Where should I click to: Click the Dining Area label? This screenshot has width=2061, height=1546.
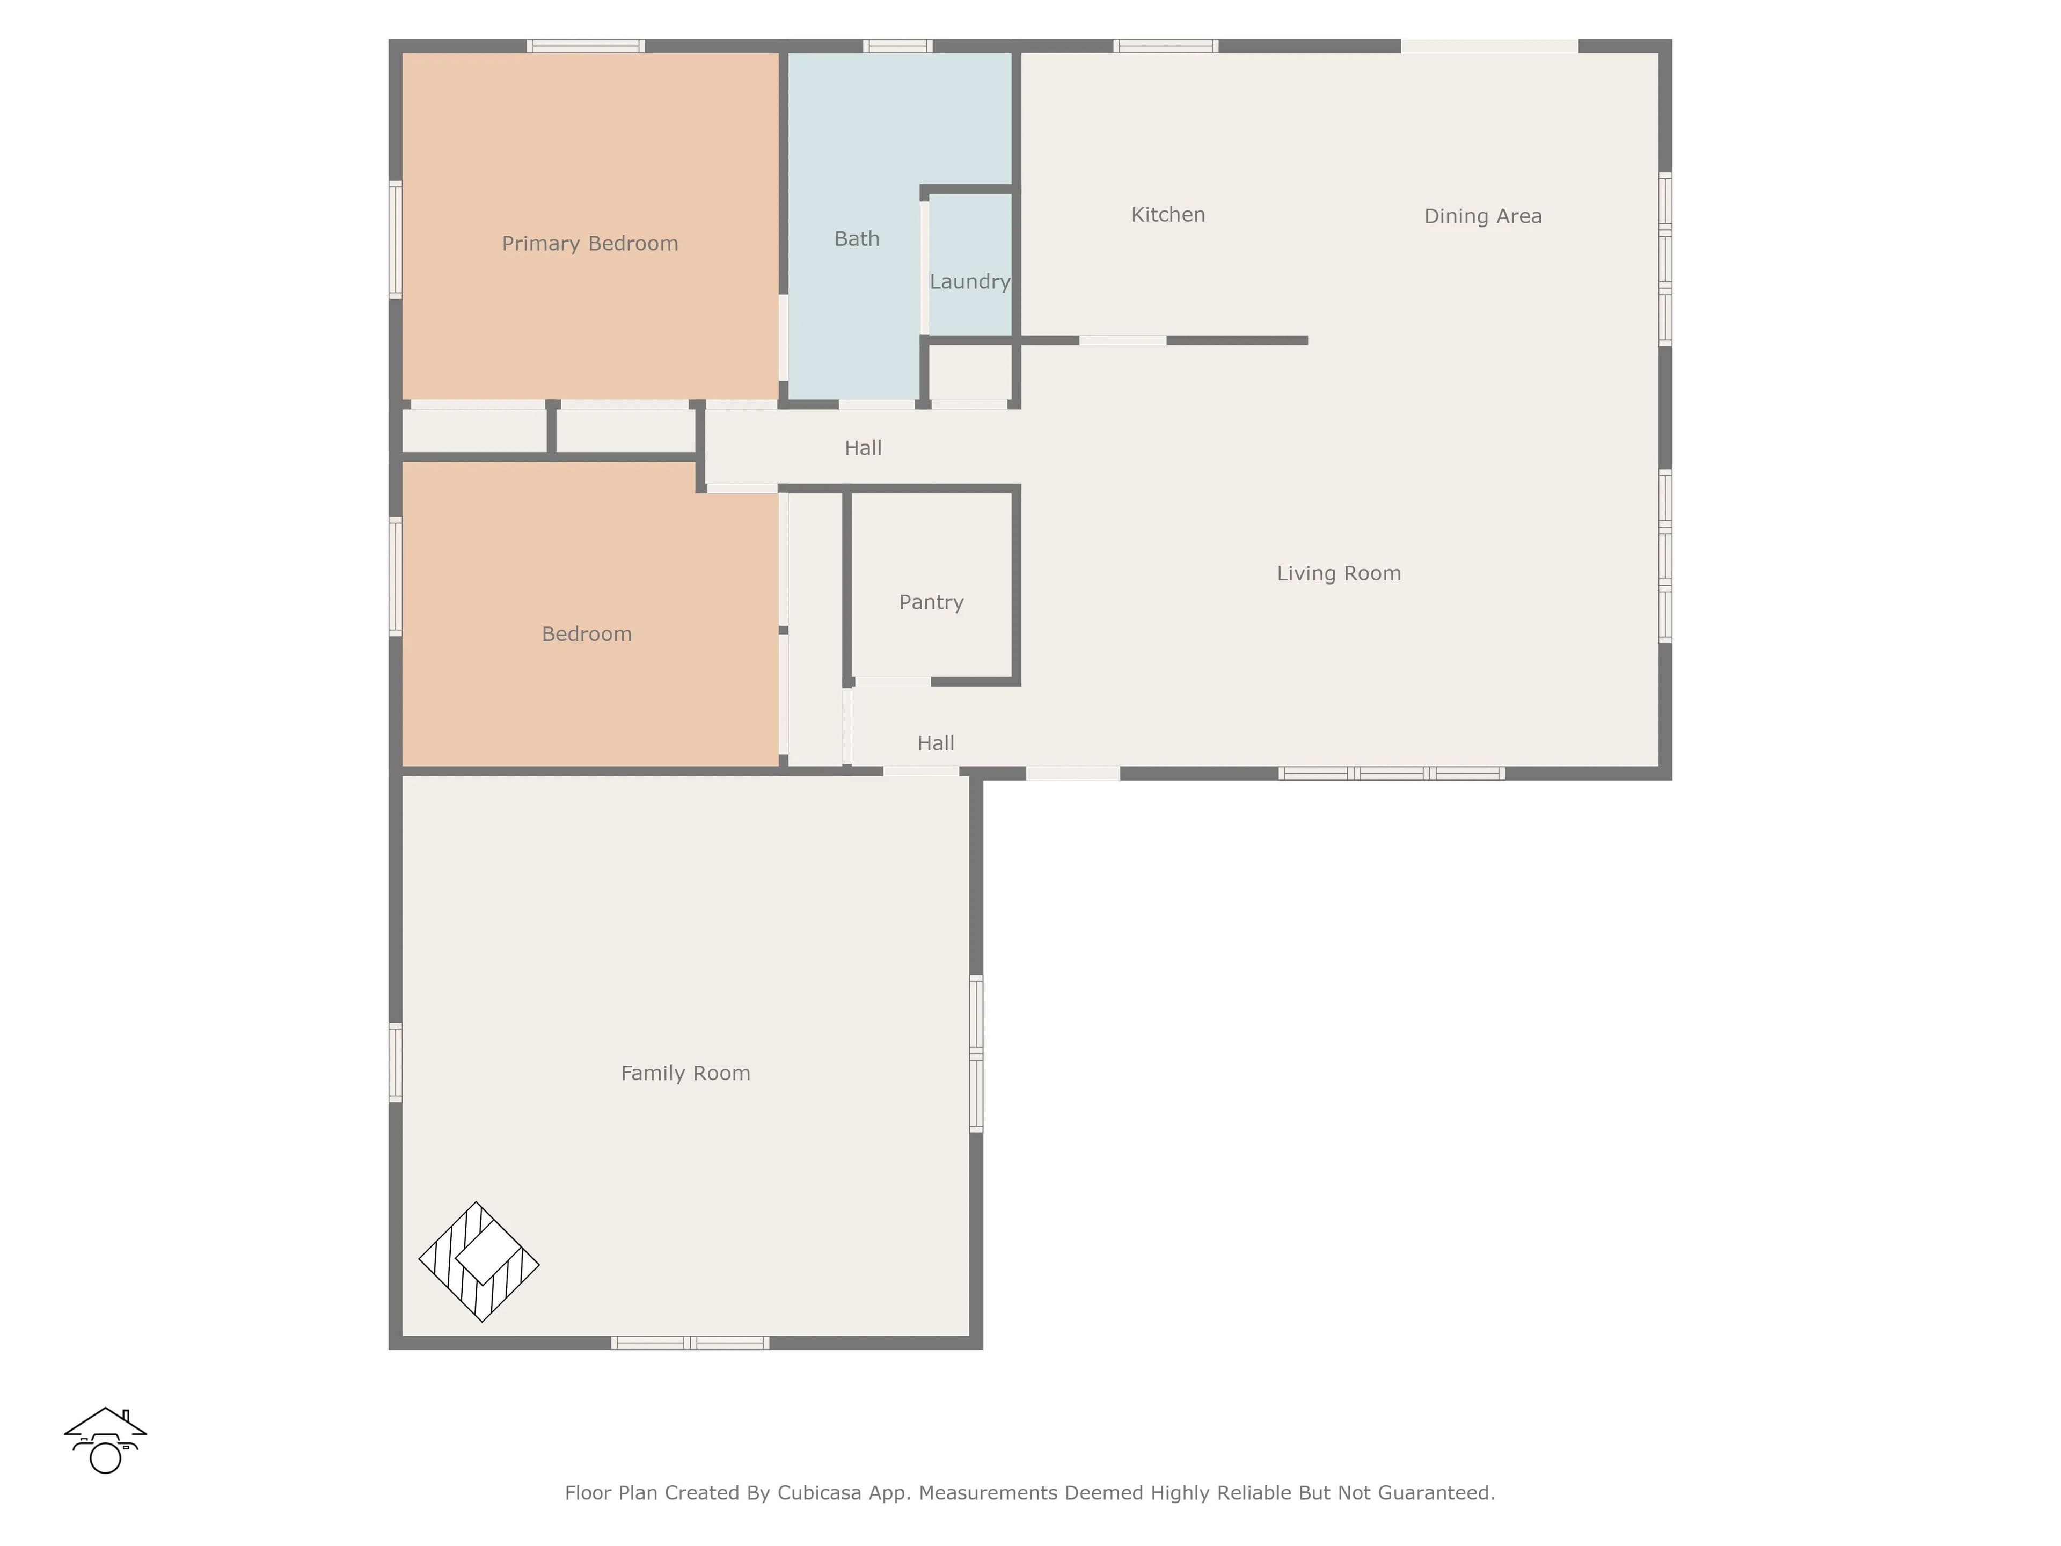(x=1483, y=217)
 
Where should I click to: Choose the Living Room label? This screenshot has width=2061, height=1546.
(x=1339, y=574)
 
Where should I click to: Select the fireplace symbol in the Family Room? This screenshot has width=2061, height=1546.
(x=479, y=1262)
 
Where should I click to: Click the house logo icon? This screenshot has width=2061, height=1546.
(x=105, y=1441)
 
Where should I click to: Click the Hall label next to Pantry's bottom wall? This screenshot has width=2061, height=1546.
(x=937, y=743)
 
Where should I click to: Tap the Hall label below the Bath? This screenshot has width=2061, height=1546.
(x=864, y=448)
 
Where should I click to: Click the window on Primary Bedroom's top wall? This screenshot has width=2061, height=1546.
(x=586, y=46)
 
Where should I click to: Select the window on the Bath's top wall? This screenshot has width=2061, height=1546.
(x=897, y=46)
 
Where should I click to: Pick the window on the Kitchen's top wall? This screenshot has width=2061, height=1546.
(x=1166, y=46)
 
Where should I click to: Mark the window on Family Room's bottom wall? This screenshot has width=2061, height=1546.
(x=690, y=1343)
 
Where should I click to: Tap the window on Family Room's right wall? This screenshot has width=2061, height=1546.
(x=976, y=1054)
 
